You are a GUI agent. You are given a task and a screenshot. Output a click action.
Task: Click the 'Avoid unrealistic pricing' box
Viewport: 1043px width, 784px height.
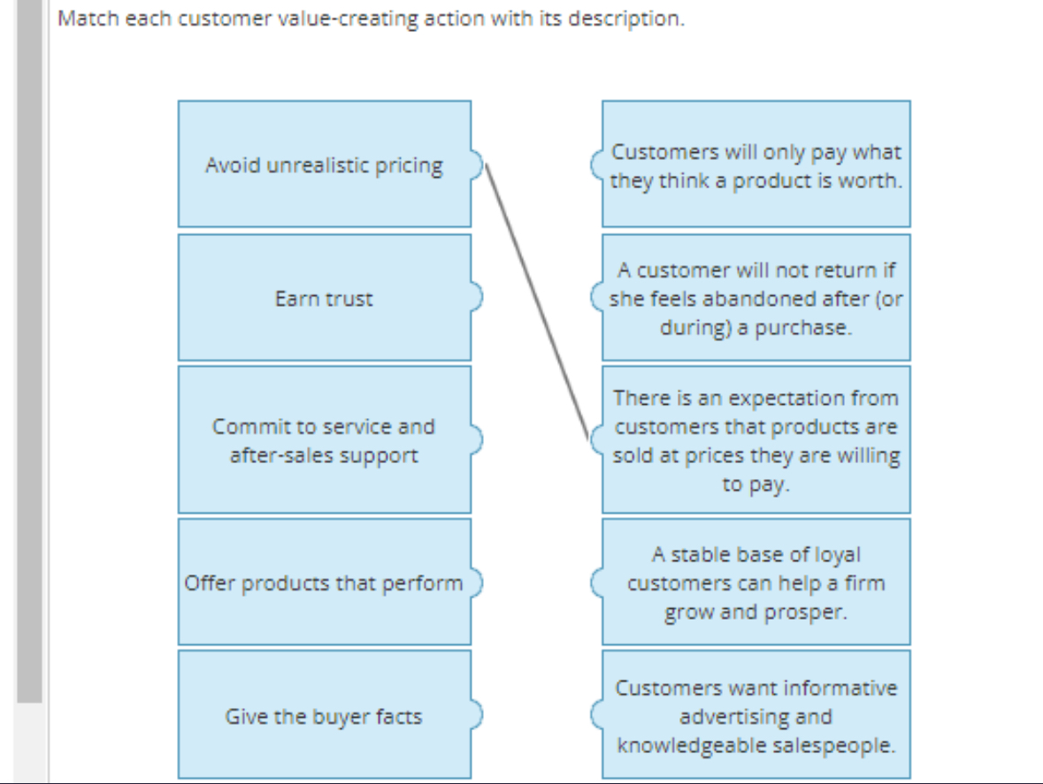(324, 164)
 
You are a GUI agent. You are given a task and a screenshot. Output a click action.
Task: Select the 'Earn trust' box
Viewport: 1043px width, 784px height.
(324, 298)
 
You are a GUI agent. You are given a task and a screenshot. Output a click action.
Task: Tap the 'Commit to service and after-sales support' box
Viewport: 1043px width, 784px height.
(324, 440)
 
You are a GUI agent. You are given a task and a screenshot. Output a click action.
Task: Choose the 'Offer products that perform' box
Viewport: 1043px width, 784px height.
(324, 582)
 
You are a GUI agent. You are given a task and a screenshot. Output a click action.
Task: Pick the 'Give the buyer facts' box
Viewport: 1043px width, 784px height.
(324, 716)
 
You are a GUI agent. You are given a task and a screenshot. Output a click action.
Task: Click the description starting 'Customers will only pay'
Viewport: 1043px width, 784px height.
(756, 165)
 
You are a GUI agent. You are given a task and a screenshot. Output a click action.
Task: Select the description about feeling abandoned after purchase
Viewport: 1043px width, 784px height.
(756, 298)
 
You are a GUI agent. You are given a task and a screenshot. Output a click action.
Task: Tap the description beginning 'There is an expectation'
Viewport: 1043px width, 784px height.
(756, 440)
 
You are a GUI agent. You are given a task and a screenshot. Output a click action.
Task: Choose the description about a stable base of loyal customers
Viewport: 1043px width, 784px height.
(756, 582)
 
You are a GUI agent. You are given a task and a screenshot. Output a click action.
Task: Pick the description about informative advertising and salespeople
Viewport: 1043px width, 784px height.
(756, 716)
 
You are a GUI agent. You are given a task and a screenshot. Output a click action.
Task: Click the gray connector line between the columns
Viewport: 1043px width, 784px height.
(537, 301)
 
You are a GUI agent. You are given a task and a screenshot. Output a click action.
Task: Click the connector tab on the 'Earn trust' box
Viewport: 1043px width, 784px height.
(478, 297)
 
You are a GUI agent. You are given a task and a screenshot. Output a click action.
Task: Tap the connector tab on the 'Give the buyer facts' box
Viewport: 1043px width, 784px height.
(478, 714)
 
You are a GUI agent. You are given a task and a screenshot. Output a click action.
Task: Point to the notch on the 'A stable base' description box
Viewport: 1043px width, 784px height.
(596, 582)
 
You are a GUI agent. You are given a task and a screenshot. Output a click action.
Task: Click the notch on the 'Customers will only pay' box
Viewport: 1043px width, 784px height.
(596, 164)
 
